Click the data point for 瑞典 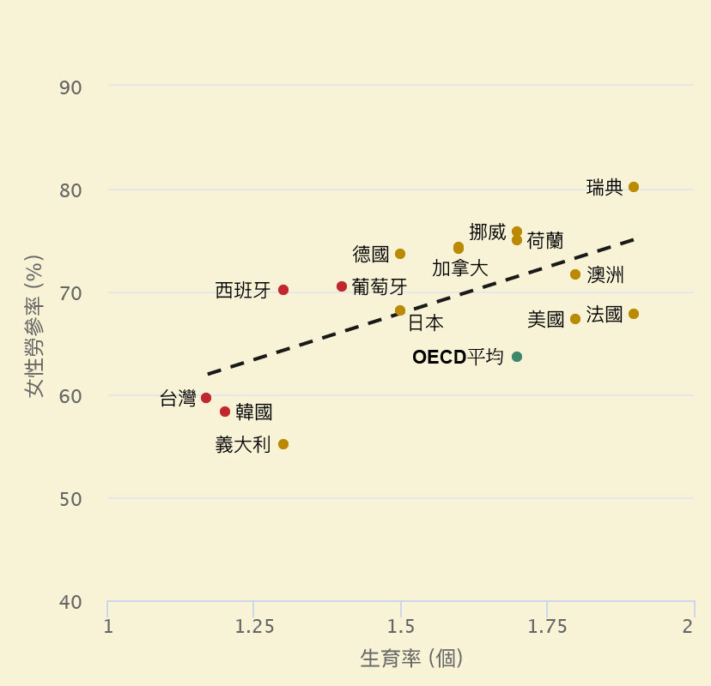coord(634,187)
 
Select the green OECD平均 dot coord(517,357)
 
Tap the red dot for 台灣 coord(206,398)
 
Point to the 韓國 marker coord(225,412)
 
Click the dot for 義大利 coord(283,444)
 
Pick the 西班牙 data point coord(283,290)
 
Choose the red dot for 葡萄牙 coord(342,286)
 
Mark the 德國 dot coord(400,254)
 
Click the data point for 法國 coord(634,314)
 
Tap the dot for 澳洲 coord(575,274)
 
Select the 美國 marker coord(575,319)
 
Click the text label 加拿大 coord(459,268)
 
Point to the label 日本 coord(426,323)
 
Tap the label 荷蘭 coord(544,241)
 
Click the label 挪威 coord(488,232)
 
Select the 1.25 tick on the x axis coord(254,626)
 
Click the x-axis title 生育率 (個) coord(412,659)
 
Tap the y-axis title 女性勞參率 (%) coord(33,326)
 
